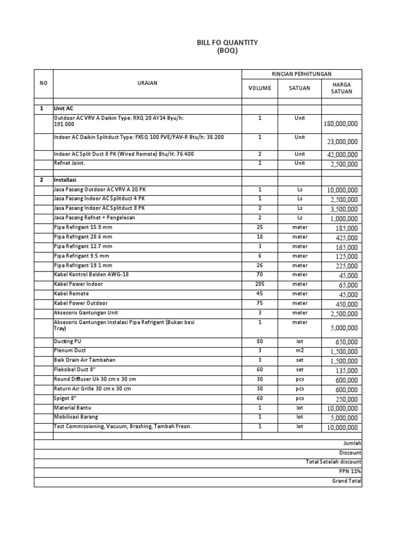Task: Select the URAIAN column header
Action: pos(147,83)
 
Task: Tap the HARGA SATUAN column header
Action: pos(341,88)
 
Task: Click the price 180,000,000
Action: pos(341,124)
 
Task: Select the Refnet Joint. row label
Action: pos(70,163)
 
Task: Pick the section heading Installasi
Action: pos(66,180)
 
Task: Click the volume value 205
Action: pos(260,284)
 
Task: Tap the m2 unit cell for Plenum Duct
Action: pos(299,351)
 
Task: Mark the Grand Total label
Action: pos(347,481)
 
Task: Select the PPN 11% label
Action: pos(350,472)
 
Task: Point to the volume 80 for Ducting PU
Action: pos(260,341)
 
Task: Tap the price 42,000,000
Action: pos(342,154)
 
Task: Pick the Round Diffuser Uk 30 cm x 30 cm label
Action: pos(95,379)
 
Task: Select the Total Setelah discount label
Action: pos(334,462)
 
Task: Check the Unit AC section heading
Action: pos(63,109)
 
